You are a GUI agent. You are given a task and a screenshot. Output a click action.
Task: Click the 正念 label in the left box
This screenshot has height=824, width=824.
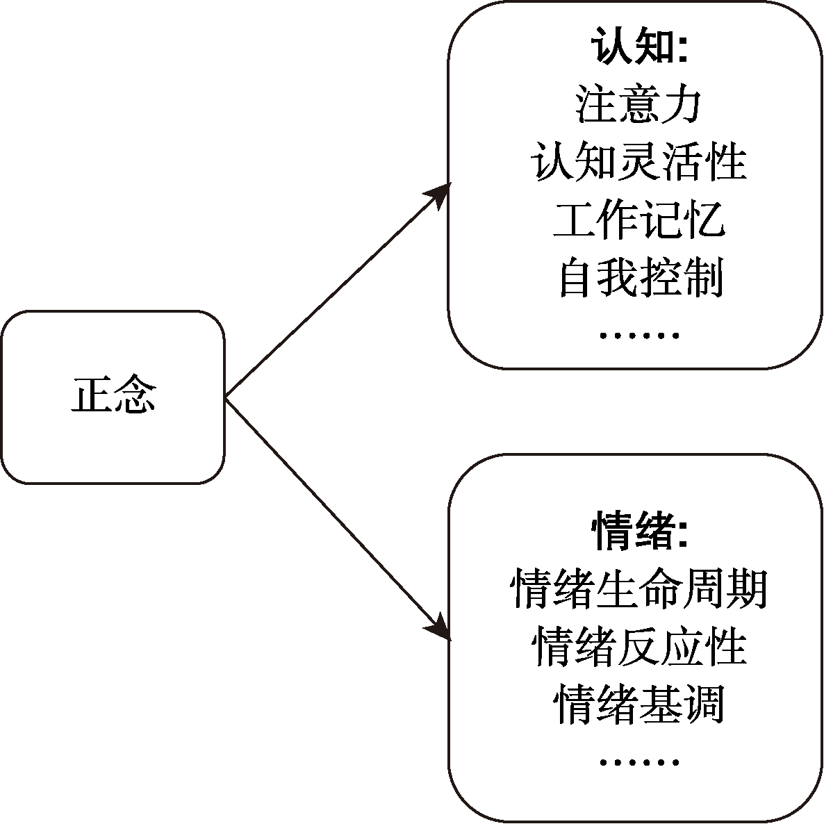113,395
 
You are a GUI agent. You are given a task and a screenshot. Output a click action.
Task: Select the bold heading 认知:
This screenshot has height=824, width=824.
638,47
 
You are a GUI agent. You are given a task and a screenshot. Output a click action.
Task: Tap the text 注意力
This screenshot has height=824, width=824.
638,105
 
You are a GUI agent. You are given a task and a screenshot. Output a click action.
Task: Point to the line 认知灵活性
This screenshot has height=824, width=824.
638,163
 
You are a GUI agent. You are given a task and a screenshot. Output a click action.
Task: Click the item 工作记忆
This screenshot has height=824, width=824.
638,220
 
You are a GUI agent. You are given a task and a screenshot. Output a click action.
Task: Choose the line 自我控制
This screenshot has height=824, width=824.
638,278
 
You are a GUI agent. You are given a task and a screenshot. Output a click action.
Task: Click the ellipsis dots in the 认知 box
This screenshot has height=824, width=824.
638,336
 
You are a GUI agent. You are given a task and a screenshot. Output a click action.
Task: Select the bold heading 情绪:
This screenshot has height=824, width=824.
638,532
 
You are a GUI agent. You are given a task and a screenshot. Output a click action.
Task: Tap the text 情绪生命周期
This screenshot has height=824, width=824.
638,590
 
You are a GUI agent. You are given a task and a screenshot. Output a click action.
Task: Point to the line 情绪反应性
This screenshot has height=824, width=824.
638,648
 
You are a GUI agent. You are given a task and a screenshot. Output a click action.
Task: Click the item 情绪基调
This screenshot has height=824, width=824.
638,705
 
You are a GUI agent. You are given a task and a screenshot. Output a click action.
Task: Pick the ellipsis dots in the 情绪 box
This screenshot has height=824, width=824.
638,763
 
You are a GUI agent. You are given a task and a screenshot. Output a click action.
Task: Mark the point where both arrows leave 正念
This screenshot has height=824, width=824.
226,397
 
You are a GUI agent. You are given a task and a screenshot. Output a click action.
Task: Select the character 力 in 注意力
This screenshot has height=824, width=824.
681,105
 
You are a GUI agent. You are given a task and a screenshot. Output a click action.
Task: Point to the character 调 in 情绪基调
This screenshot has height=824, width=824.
703,705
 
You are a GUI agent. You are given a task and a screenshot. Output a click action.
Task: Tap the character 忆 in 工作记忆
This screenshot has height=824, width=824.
703,220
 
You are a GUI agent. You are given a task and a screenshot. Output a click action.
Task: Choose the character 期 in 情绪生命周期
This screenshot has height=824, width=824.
746,590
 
